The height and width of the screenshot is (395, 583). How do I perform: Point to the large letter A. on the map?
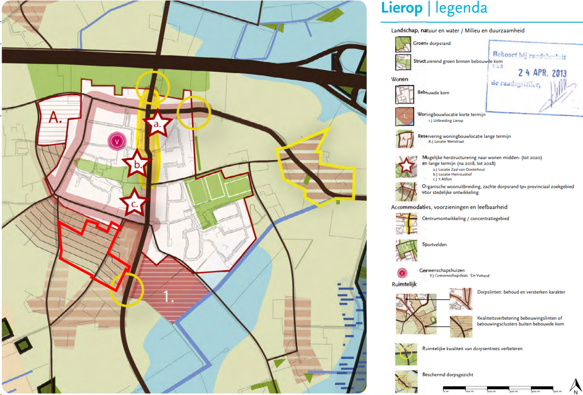55,118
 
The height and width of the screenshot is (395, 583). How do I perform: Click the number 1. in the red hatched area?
169,297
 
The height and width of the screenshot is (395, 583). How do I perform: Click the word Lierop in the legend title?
401,8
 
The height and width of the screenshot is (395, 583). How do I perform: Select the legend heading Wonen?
399,80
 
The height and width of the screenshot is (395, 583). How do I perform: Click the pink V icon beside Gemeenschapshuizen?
402,272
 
